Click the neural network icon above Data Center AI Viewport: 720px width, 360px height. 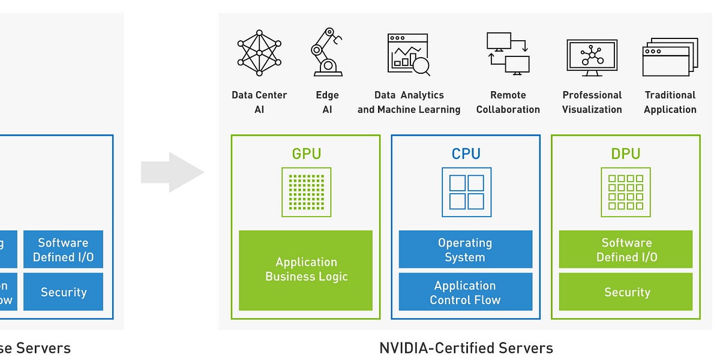(259, 53)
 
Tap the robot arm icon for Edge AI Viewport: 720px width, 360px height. (326, 52)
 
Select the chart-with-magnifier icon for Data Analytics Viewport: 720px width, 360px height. (409, 55)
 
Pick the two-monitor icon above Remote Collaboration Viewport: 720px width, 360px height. (508, 52)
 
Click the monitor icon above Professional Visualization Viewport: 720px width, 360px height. (592, 58)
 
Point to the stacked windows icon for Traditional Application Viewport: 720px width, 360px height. (670, 57)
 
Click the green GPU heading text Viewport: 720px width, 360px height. (306, 154)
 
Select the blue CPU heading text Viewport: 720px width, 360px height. (466, 154)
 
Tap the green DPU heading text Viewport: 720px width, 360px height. (626, 154)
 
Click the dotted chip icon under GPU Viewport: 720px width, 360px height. (306, 192)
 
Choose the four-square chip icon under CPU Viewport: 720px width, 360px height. (466, 192)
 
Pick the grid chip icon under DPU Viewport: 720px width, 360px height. (626, 192)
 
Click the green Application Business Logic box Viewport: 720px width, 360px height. (306, 270)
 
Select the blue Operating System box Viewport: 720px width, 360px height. (466, 249)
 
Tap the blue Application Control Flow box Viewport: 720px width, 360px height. (466, 292)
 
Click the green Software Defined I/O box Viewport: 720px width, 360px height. (626, 249)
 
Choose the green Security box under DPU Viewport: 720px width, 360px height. (626, 292)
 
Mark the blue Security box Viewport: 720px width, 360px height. (64, 292)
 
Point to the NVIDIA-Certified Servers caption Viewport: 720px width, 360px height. (466, 348)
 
